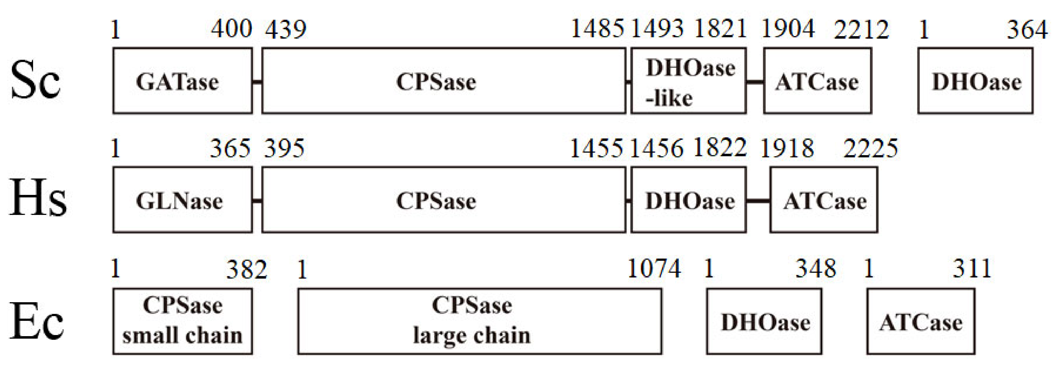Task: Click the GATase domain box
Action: (183, 81)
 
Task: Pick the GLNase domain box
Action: (183, 199)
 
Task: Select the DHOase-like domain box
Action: (688, 81)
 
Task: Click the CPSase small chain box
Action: (183, 321)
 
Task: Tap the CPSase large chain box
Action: (480, 321)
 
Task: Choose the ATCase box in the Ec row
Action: (921, 321)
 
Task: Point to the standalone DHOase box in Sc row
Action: (975, 81)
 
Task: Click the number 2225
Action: (870, 148)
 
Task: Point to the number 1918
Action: (787, 148)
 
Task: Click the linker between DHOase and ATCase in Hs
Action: (758, 200)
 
